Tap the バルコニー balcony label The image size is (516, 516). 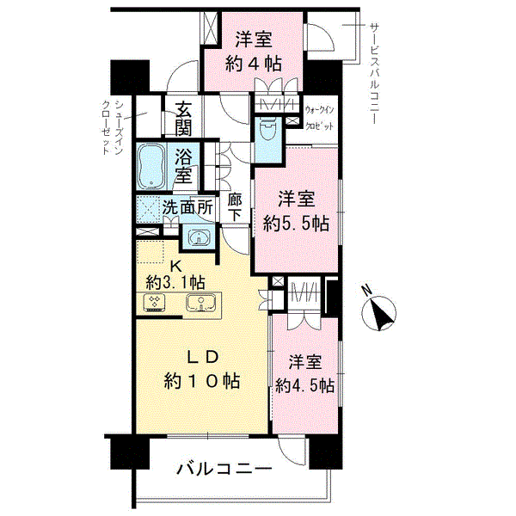(225, 470)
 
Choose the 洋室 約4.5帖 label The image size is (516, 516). (304, 374)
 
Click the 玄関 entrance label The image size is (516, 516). (184, 119)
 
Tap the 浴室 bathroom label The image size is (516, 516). (183, 166)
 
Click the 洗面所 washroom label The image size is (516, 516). (189, 207)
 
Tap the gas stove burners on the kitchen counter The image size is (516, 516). (156, 303)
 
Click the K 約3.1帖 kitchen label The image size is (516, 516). (175, 273)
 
